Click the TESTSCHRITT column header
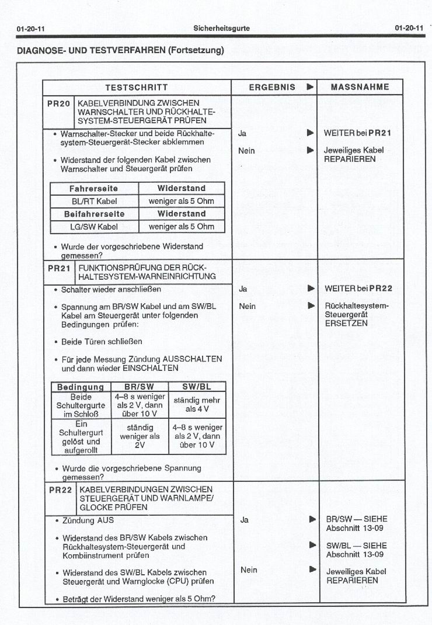136,88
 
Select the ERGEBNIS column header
272,88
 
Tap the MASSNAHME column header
360,88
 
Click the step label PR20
58,103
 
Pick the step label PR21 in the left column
58,268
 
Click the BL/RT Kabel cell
94,201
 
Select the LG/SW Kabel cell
94,226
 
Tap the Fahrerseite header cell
94,189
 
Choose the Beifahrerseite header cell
94,214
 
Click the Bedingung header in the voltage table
81,387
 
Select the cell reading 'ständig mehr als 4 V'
197,405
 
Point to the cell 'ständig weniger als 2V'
140,436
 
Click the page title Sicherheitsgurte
221,28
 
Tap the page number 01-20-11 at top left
32,28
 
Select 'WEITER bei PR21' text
357,133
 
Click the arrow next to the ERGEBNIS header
310,88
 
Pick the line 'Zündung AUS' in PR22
88,520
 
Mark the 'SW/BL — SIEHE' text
356,546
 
